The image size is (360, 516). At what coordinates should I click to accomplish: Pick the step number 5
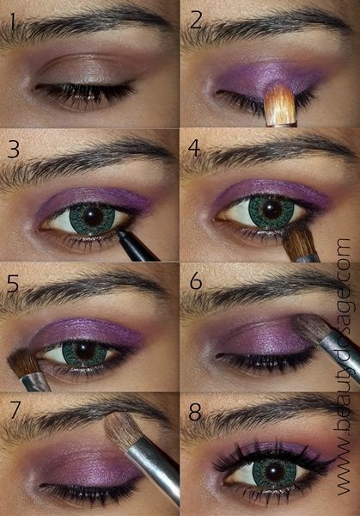point(13,281)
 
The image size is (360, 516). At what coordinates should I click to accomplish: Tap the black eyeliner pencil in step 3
point(137,244)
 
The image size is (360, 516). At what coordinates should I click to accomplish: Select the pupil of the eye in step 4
point(270,210)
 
